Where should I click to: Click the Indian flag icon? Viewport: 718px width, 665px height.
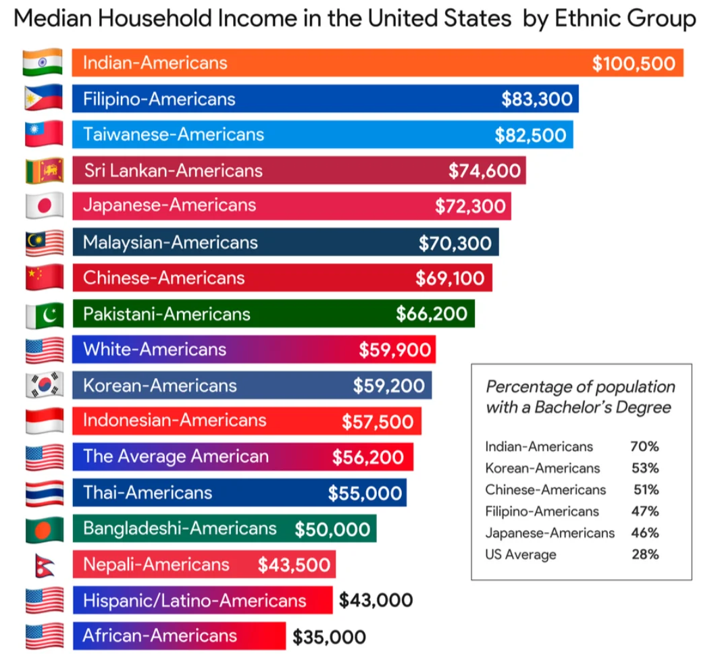click(x=43, y=63)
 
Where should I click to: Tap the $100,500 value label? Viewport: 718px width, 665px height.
click(x=633, y=63)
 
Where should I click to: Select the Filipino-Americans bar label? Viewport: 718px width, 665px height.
click(x=159, y=99)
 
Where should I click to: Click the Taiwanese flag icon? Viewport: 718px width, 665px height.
click(x=43, y=134)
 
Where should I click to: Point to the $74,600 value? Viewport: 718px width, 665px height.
click(x=484, y=171)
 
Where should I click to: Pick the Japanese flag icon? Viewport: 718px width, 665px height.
click(x=44, y=205)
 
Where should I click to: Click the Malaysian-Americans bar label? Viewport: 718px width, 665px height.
click(x=170, y=242)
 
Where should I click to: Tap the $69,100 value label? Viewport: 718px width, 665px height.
click(x=450, y=277)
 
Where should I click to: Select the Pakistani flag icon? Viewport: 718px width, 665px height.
click(x=44, y=314)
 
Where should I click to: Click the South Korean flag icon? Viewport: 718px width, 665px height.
click(x=44, y=385)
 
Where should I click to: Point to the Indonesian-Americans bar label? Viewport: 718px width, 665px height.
click(x=174, y=421)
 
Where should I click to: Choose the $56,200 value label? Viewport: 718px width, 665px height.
click(x=367, y=457)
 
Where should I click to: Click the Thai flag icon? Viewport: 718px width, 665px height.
click(x=44, y=492)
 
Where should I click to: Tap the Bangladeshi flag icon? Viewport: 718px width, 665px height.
click(x=44, y=529)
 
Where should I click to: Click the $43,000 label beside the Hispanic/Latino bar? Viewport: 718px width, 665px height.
click(x=376, y=600)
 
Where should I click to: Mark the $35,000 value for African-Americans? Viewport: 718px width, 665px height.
click(x=329, y=637)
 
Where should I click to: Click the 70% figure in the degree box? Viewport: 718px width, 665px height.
click(x=644, y=446)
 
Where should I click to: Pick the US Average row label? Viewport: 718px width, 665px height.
click(x=521, y=555)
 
